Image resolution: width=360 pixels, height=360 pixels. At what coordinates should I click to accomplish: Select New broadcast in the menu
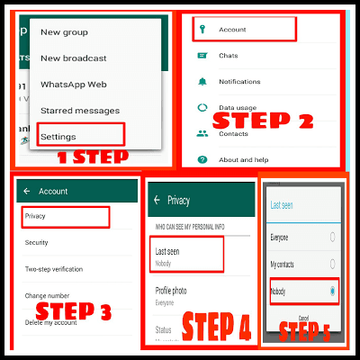(x=73, y=58)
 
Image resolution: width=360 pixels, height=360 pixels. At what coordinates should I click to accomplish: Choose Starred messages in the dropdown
(x=80, y=110)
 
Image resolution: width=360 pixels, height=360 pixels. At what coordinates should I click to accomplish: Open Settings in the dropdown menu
(x=58, y=136)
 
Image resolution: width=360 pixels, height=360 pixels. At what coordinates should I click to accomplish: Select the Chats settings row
(x=229, y=55)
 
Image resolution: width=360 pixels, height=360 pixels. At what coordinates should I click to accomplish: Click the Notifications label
(x=239, y=81)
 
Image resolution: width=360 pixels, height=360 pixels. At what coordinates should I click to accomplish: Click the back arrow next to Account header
(x=27, y=191)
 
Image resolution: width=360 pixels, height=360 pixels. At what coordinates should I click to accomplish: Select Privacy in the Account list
(x=36, y=216)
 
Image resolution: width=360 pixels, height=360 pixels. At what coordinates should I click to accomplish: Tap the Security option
(x=38, y=242)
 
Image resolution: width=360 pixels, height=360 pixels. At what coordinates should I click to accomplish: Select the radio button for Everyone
(x=333, y=237)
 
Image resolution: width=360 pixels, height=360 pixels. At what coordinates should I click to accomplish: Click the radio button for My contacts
(x=333, y=265)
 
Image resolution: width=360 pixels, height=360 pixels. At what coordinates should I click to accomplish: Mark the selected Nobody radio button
(x=333, y=292)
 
